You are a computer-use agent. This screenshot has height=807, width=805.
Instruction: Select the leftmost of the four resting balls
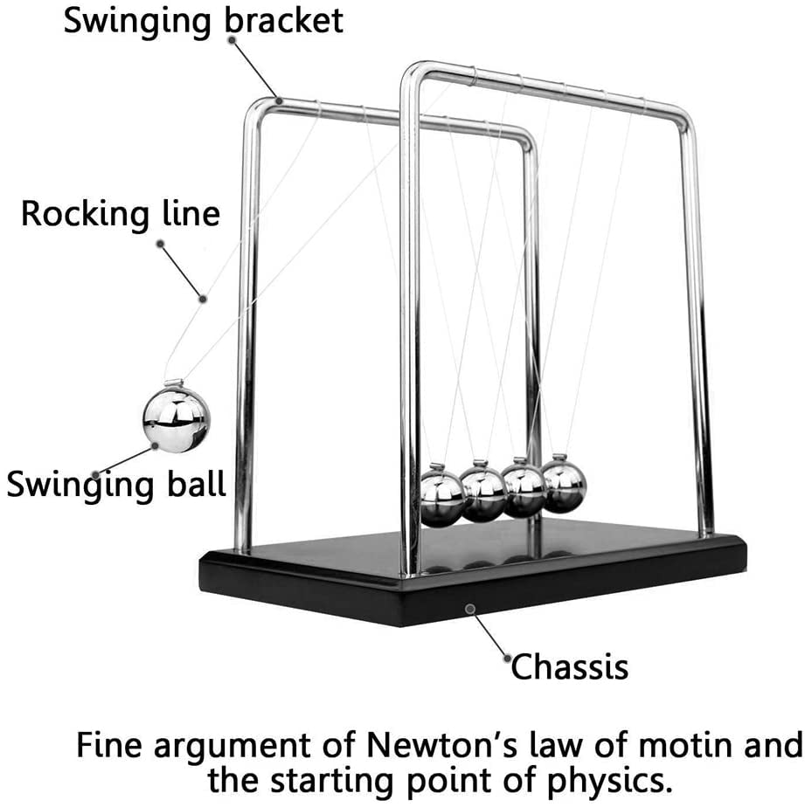(x=443, y=498)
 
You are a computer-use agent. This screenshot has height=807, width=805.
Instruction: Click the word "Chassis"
(x=570, y=667)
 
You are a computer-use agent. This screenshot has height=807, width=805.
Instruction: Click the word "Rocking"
(x=86, y=214)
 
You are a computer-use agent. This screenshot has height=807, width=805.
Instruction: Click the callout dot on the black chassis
(x=469, y=610)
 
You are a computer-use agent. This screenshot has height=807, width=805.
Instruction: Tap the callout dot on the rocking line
(x=203, y=299)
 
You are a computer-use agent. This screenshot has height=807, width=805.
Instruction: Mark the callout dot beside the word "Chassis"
(x=508, y=659)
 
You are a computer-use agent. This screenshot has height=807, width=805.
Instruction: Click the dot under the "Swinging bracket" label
(x=232, y=39)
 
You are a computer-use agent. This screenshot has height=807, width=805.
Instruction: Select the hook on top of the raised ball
(x=174, y=383)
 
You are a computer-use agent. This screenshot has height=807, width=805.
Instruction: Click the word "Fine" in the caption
(x=109, y=744)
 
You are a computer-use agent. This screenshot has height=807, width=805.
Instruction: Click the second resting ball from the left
(x=483, y=493)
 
